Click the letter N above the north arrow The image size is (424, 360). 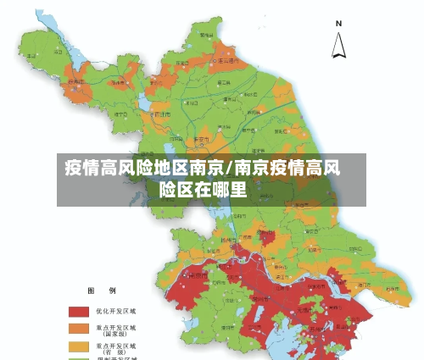click(338, 23)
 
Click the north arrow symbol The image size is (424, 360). click(338, 45)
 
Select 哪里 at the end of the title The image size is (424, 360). click(228, 189)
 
